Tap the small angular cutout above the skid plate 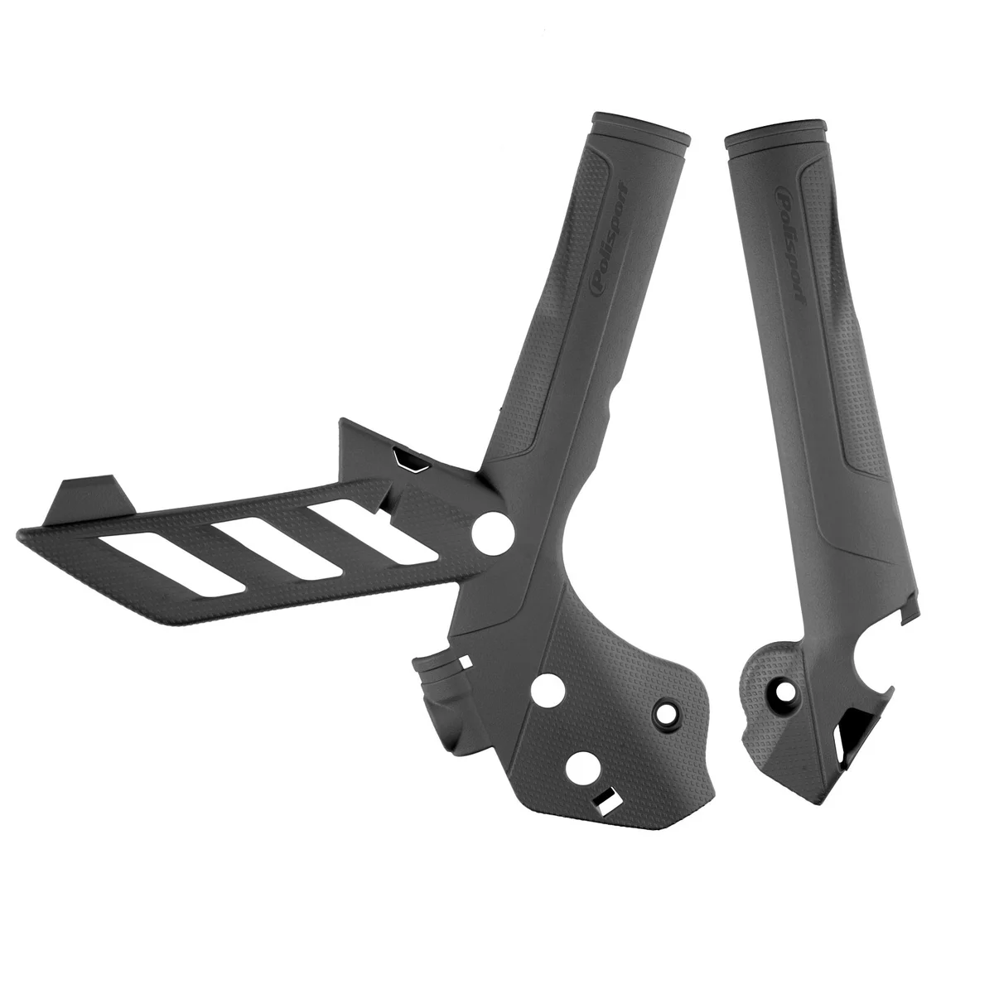point(408,458)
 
